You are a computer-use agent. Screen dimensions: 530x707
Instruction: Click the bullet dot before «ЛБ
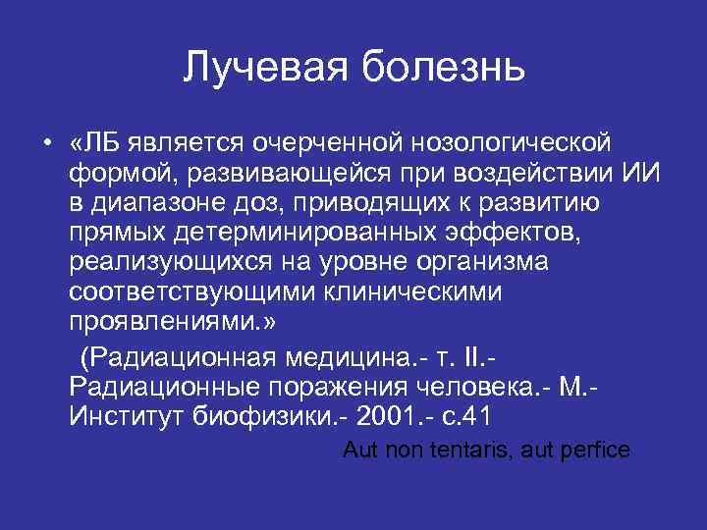pyautogui.click(x=47, y=145)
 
